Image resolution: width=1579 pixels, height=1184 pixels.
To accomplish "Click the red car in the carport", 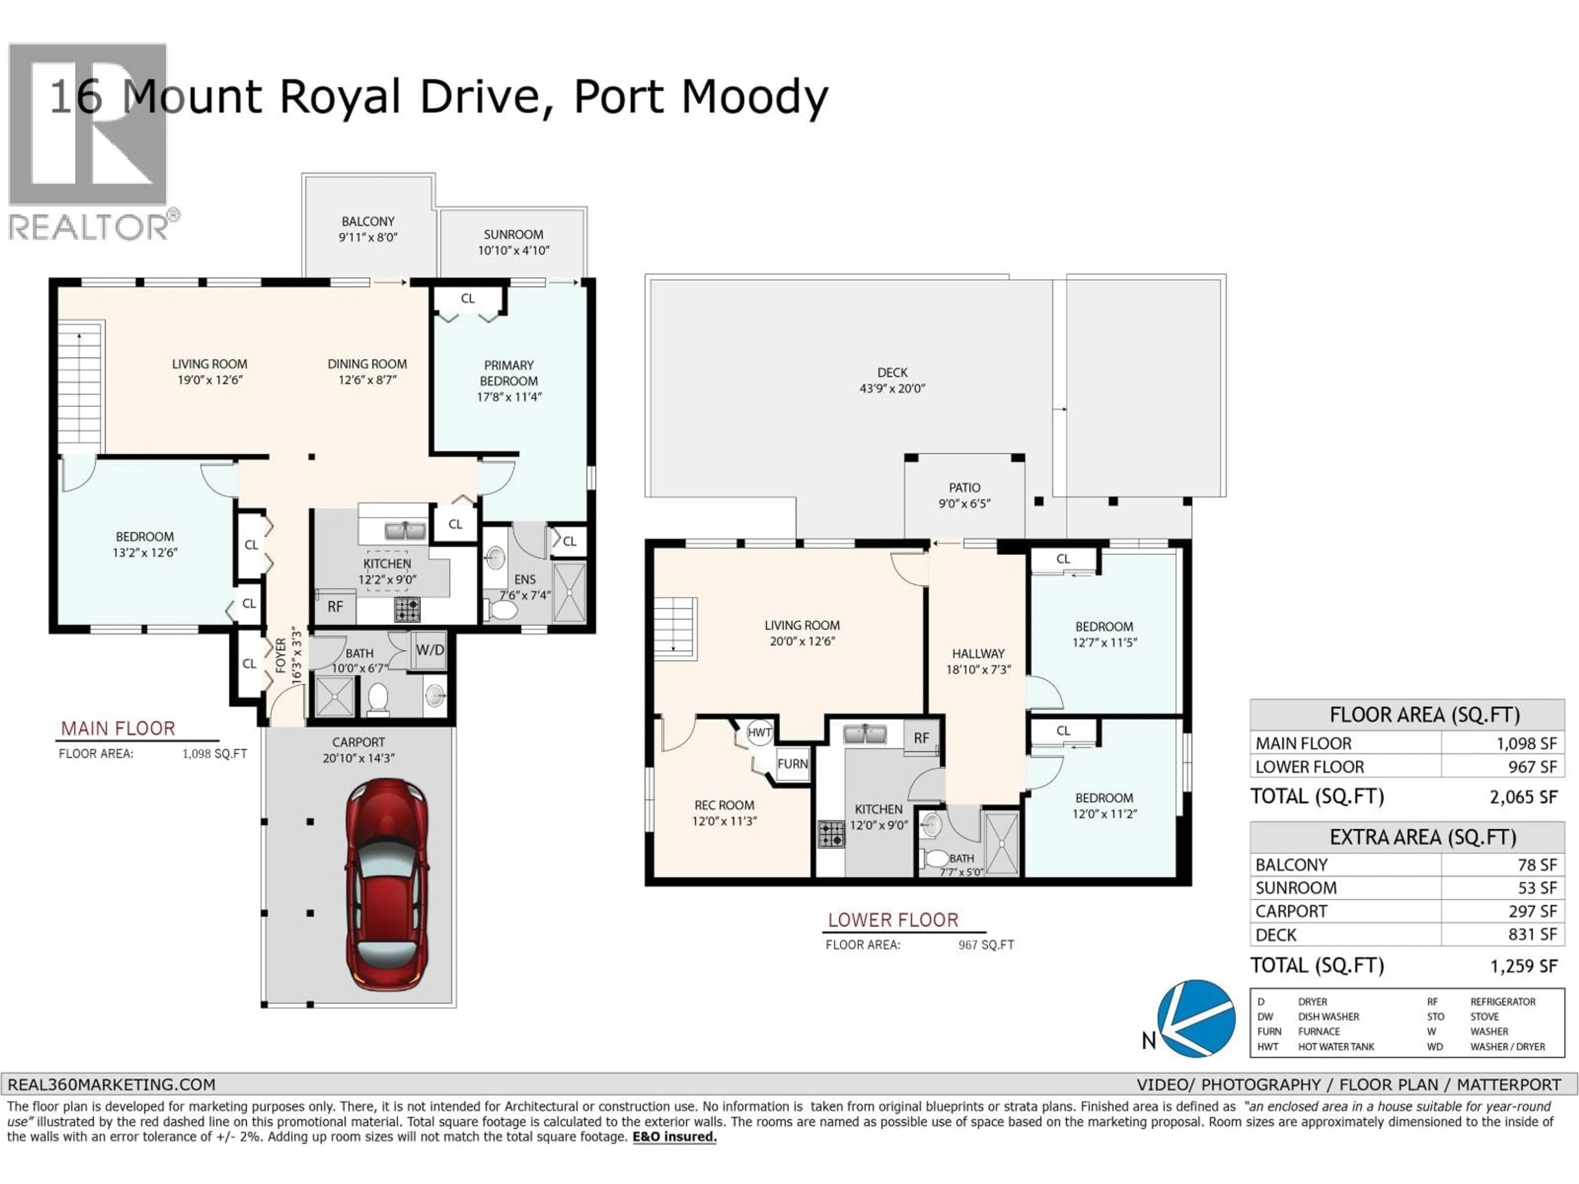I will tap(386, 885).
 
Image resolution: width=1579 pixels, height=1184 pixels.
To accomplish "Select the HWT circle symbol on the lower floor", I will tap(759, 732).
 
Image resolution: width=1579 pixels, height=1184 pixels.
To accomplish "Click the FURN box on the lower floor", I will tap(792, 764).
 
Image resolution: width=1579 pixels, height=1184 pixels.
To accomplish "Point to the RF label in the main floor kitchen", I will tap(336, 607).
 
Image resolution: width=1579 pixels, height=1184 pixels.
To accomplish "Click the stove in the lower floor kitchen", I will tap(831, 834).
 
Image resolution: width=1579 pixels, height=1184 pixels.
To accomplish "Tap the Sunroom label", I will tap(513, 242).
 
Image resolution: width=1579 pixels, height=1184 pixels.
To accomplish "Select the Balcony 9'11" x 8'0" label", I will tap(368, 229).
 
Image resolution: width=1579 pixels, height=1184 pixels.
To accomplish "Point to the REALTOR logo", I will tap(89, 143).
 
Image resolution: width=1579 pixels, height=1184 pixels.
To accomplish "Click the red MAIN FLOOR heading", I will tap(118, 728).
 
